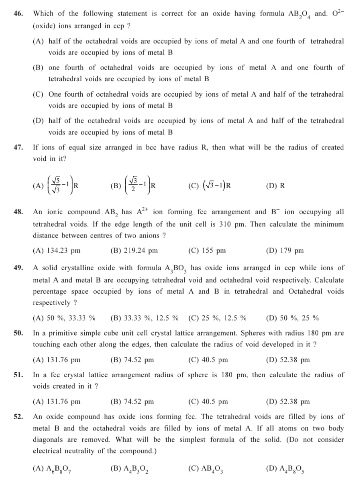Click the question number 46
(x=18, y=14)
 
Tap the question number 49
(x=18, y=268)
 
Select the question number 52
(x=18, y=417)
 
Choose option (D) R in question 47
(x=275, y=186)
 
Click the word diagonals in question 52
(x=49, y=440)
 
